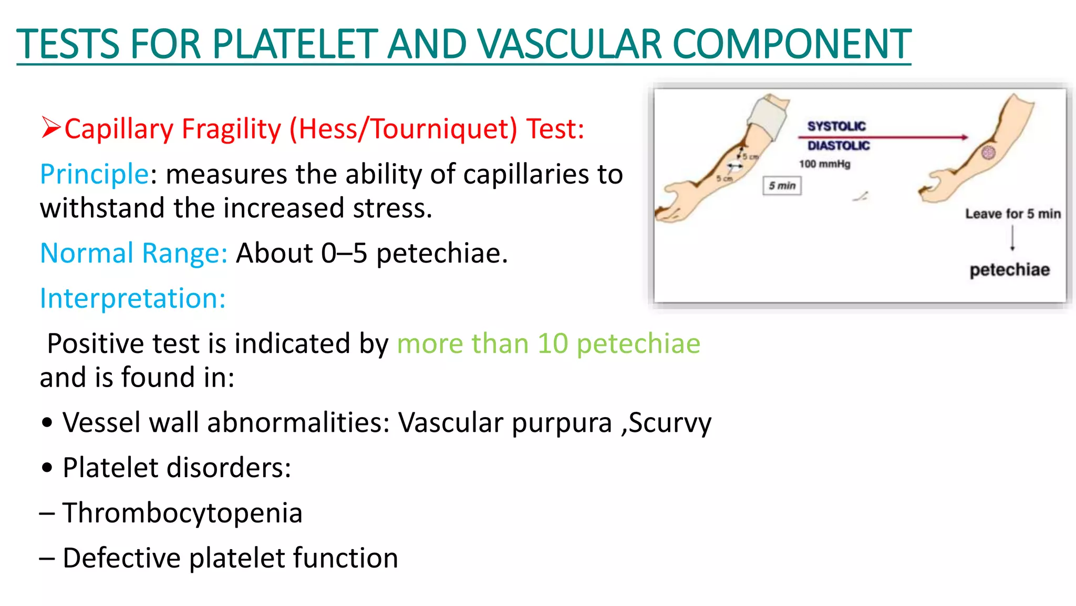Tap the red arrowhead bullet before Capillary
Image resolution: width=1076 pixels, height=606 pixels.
(x=51, y=128)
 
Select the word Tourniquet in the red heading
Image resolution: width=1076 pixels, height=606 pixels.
(x=444, y=129)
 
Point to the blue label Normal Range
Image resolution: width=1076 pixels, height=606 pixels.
(x=133, y=253)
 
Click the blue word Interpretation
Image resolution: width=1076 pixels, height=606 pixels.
(x=132, y=298)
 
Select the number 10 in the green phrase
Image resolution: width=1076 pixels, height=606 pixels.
(x=553, y=344)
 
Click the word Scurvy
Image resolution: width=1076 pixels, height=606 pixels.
(x=670, y=423)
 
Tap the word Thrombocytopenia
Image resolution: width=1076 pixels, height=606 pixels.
(x=182, y=513)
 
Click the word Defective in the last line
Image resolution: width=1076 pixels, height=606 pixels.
(x=121, y=558)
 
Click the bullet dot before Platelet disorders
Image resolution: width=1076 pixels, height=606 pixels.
(x=47, y=468)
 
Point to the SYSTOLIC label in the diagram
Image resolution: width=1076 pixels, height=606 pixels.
(x=836, y=126)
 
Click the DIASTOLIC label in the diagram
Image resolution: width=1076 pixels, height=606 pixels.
(x=839, y=146)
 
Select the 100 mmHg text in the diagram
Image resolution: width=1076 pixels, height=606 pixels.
(x=824, y=164)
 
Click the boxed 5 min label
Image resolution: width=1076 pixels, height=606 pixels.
(x=782, y=186)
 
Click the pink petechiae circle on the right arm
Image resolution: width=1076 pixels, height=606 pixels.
(x=989, y=153)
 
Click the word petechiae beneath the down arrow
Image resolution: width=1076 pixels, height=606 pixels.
(x=1009, y=270)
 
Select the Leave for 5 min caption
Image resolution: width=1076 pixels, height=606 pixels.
(x=1012, y=214)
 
